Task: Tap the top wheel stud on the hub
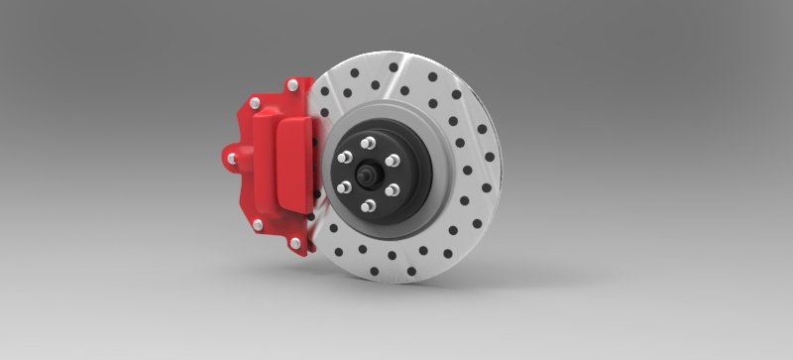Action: (x=369, y=142)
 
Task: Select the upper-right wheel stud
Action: (x=392, y=160)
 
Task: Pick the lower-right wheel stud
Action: (x=392, y=188)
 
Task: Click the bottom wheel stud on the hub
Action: (x=369, y=205)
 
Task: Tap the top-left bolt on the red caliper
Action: (x=256, y=102)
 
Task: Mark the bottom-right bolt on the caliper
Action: (x=294, y=242)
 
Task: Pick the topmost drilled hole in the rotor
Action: (x=395, y=67)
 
